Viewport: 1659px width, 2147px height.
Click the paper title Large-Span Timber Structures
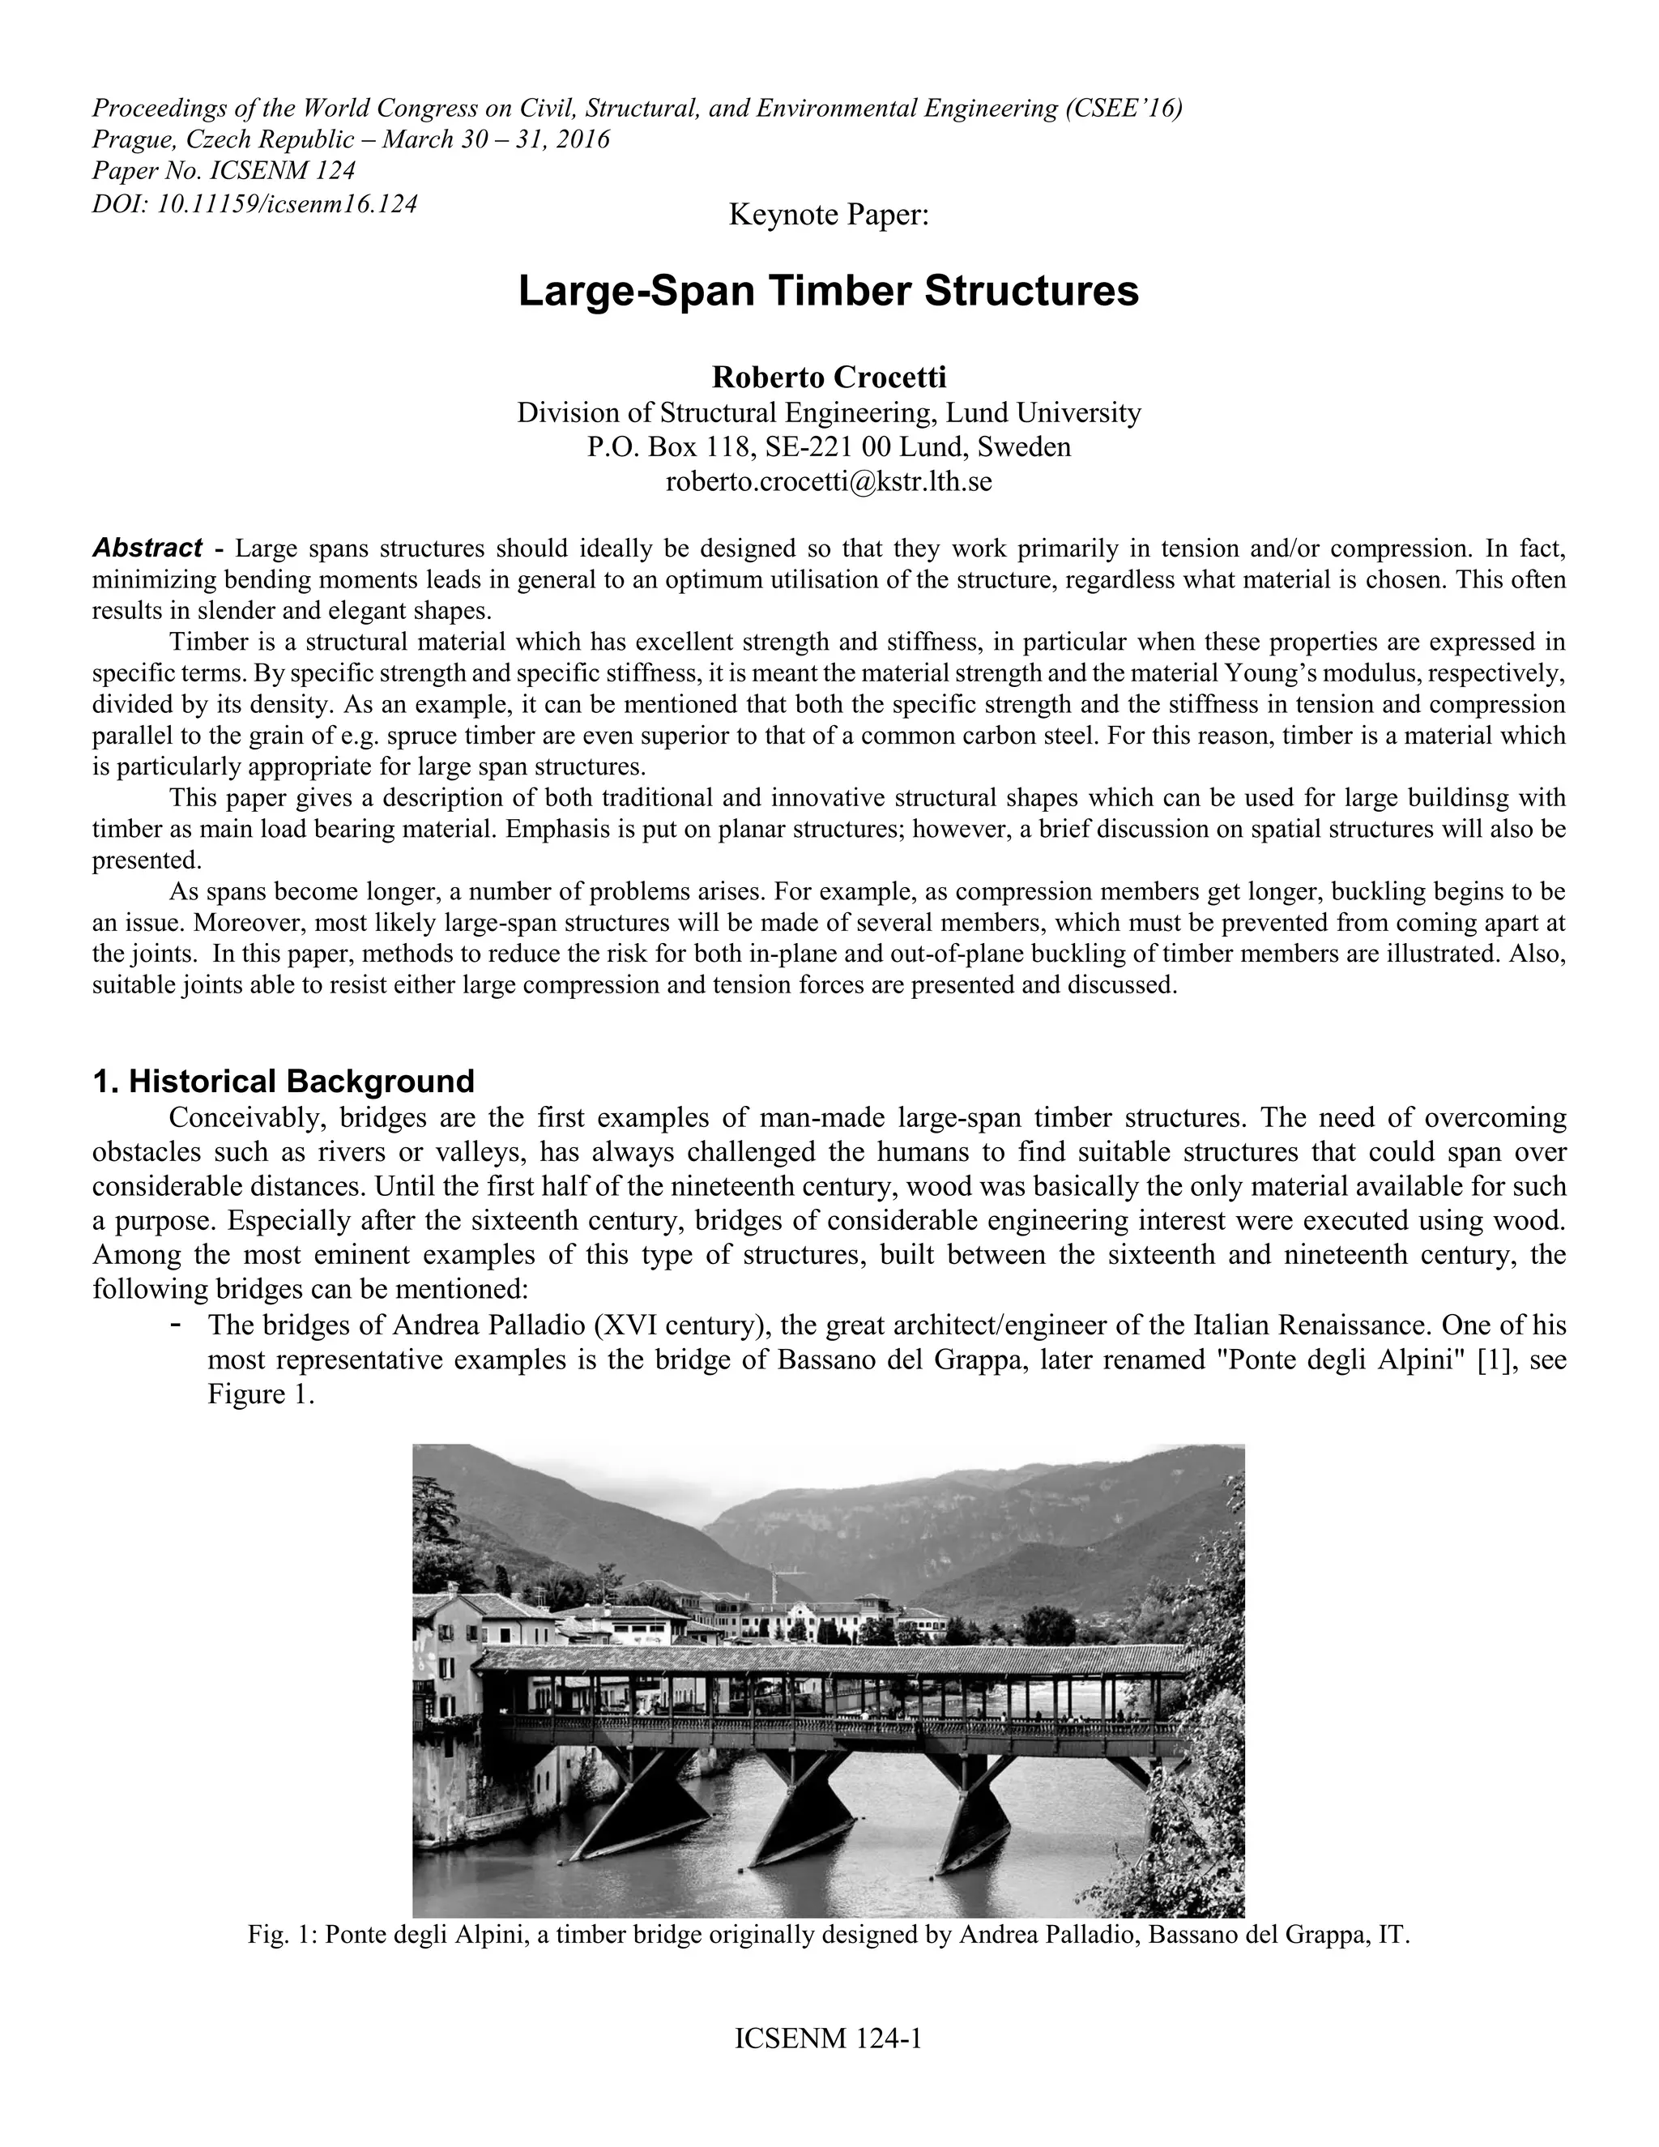[829, 292]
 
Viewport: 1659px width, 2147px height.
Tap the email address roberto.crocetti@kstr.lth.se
[829, 482]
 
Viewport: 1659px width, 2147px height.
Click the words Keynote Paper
[829, 215]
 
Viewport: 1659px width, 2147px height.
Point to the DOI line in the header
[254, 203]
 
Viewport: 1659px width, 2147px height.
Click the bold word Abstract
[147, 548]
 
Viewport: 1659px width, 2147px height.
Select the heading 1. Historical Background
[283, 1082]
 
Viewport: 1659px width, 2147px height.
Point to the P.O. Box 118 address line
[829, 447]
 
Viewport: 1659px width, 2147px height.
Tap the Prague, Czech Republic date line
[351, 139]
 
